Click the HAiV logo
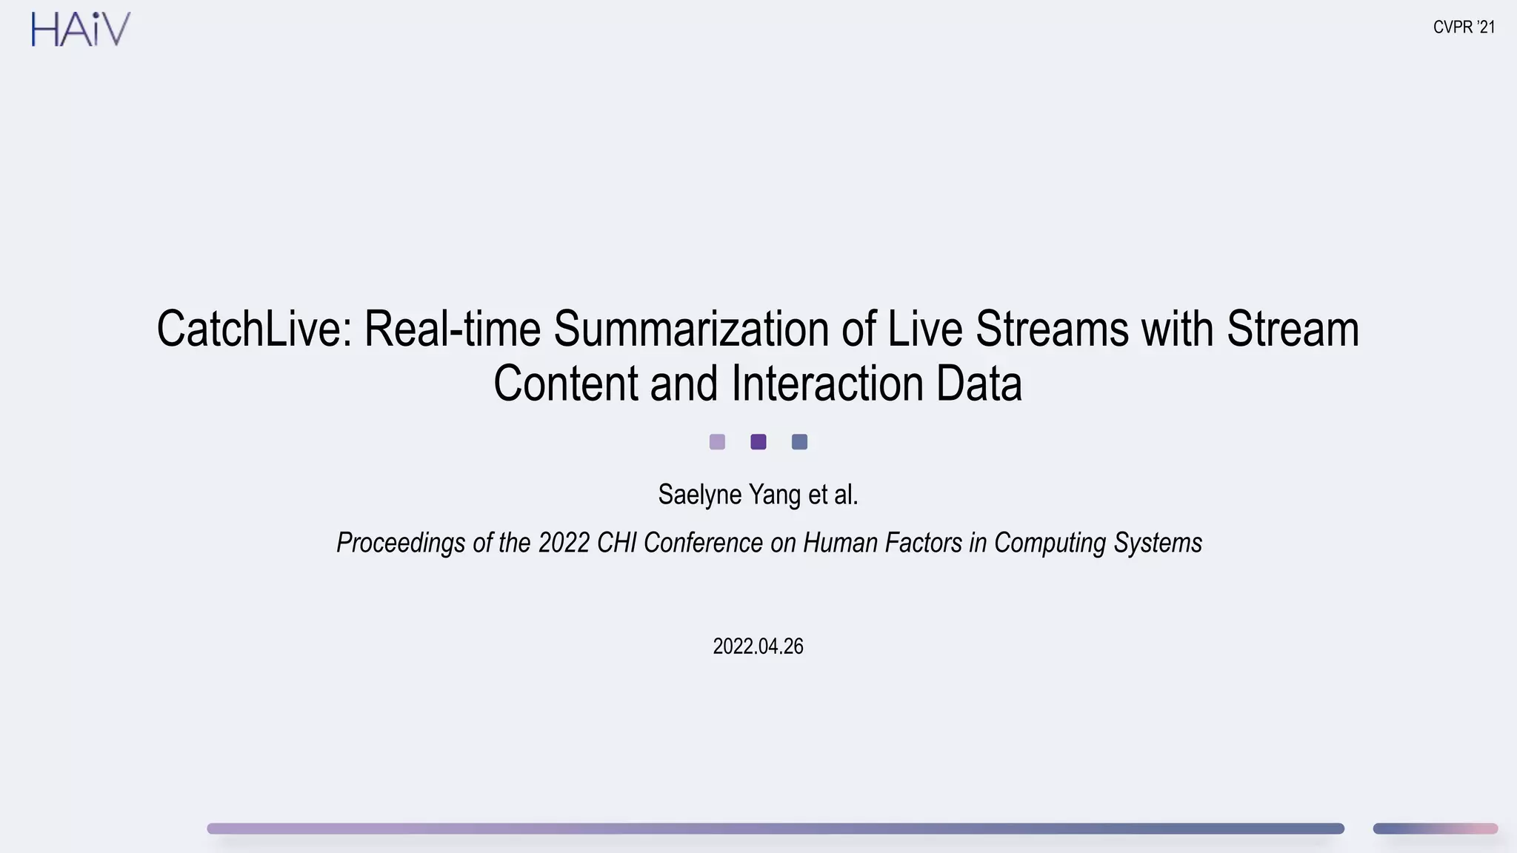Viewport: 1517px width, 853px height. [81, 30]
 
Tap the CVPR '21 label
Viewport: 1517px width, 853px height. [1464, 27]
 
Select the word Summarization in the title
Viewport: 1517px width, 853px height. [690, 329]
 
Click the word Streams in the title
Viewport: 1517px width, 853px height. [1052, 329]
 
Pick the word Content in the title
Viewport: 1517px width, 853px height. [565, 384]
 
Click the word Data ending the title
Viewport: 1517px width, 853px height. [978, 384]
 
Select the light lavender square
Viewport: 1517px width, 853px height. [717, 442]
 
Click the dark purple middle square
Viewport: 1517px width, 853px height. [758, 442]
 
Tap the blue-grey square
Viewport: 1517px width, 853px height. [799, 442]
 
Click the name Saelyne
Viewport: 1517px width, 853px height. [699, 495]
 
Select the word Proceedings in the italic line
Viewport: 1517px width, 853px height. [401, 543]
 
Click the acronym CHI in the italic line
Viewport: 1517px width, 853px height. [616, 543]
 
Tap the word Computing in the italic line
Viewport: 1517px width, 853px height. [1050, 543]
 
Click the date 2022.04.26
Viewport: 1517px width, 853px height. [758, 646]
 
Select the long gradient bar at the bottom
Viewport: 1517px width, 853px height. [775, 829]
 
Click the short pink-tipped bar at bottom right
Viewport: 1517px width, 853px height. [1435, 829]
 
